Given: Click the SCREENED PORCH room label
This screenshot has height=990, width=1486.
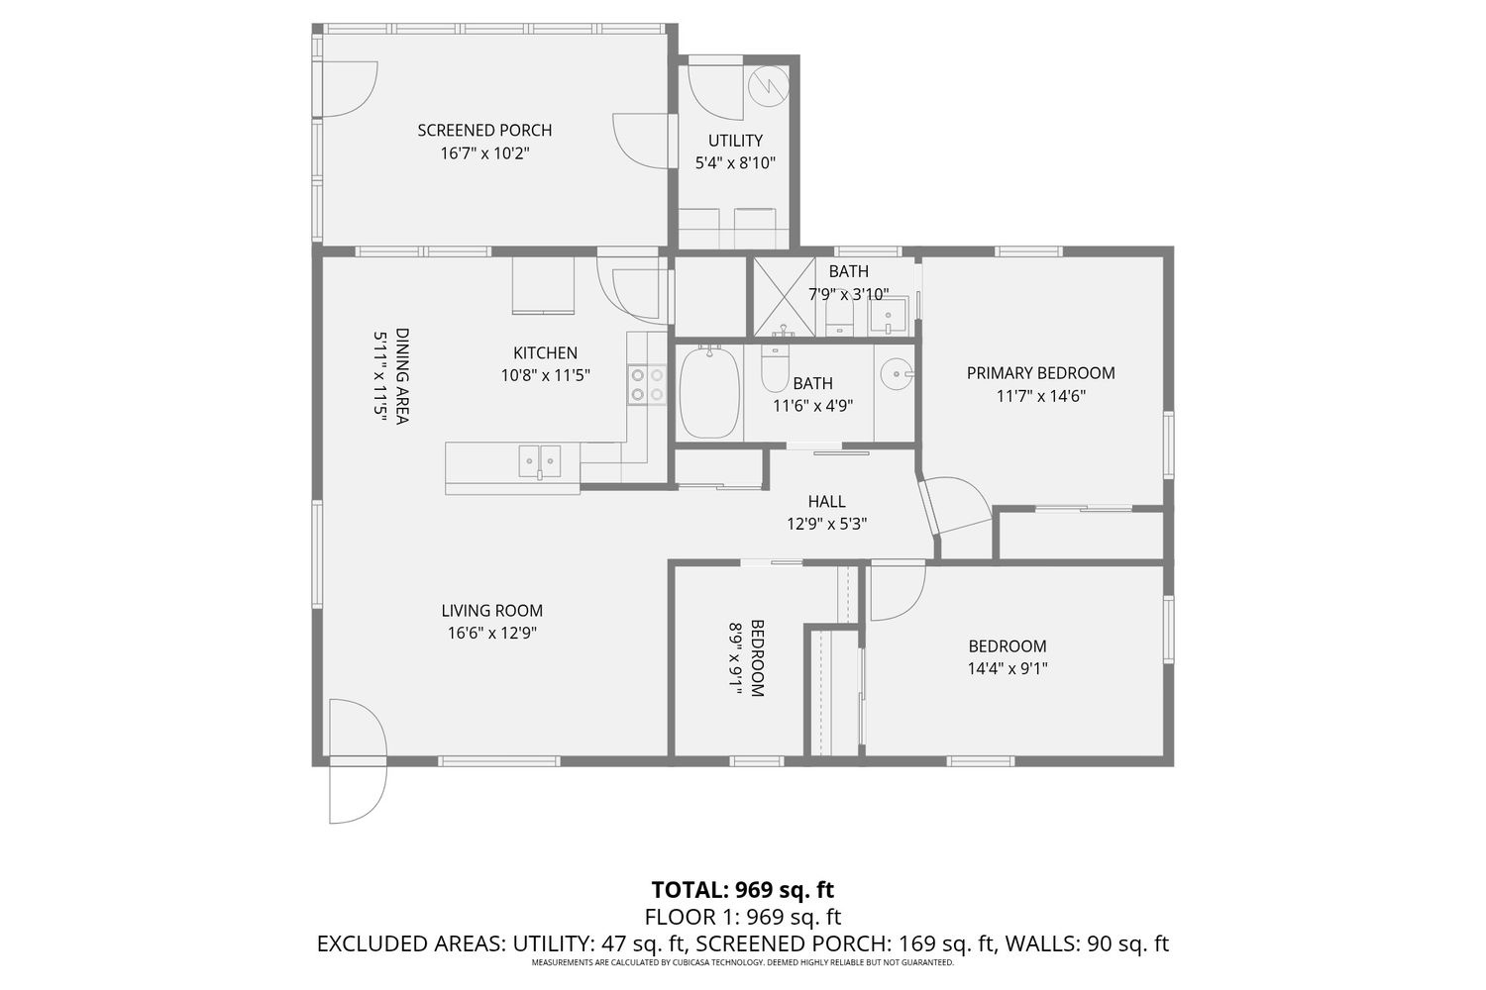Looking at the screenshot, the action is click(484, 130).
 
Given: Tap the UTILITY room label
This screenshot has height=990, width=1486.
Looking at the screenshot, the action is click(735, 141).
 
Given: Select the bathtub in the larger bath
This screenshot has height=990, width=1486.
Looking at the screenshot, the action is click(710, 393).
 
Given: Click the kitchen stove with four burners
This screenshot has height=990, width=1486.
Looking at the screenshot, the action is click(647, 384).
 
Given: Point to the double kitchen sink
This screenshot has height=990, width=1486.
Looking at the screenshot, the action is click(539, 461).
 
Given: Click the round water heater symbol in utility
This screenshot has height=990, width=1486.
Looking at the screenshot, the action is click(768, 87).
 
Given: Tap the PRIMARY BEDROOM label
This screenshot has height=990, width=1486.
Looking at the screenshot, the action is click(1040, 373).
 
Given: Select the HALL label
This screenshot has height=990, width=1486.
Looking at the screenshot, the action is click(826, 501).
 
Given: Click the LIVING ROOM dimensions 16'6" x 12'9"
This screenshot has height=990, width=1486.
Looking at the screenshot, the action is click(491, 634).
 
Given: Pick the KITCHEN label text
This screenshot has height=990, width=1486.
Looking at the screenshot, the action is click(545, 352).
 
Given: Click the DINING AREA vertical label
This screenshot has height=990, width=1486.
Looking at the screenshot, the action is click(402, 375).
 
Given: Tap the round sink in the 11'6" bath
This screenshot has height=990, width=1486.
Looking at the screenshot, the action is click(897, 374).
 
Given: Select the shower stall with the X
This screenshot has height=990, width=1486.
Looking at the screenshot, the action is click(785, 297).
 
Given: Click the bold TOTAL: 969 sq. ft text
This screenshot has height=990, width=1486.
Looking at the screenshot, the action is click(742, 889).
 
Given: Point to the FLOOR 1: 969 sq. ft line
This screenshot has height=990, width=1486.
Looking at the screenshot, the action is click(742, 917).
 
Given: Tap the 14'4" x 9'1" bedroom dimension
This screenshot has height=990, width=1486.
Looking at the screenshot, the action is click(1008, 668).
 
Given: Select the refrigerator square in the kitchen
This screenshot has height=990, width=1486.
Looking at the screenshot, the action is click(543, 286).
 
